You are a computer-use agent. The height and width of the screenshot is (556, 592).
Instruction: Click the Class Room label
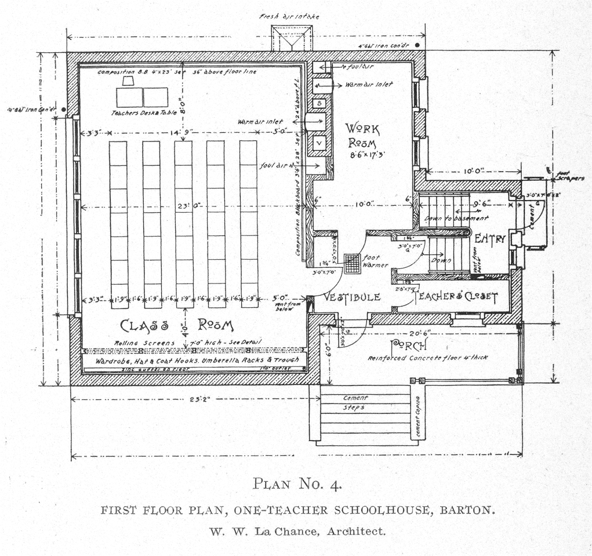pyautogui.click(x=177, y=325)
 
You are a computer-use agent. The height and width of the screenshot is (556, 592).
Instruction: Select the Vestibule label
pyautogui.click(x=352, y=297)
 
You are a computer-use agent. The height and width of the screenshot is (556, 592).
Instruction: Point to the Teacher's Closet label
pyautogui.click(x=456, y=297)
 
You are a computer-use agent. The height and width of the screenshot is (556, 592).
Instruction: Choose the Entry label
pyautogui.click(x=491, y=239)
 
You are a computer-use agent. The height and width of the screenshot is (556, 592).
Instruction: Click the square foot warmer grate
pyautogui.click(x=352, y=263)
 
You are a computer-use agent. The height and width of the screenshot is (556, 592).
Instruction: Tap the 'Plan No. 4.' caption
pyautogui.click(x=299, y=483)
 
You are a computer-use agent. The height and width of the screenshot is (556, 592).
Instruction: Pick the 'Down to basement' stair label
pyautogui.click(x=449, y=219)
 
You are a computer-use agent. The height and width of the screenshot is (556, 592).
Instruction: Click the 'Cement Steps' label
pyautogui.click(x=355, y=403)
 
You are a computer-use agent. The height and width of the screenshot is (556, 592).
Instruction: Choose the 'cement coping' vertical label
pyautogui.click(x=417, y=416)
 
